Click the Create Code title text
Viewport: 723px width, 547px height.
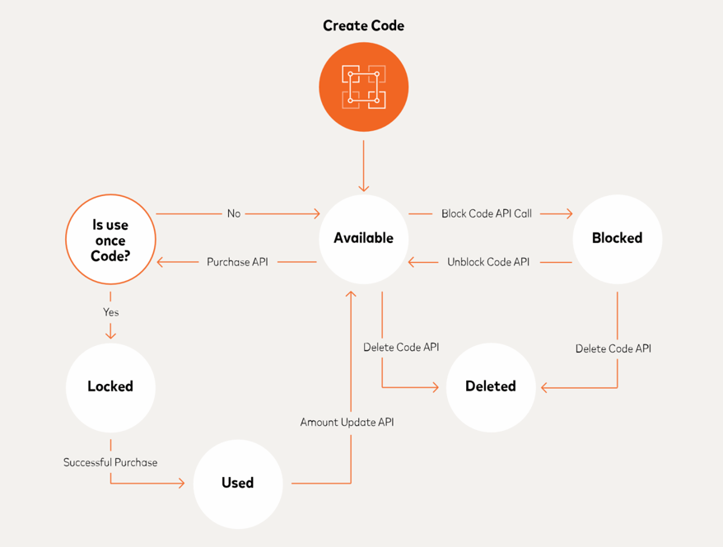click(x=363, y=26)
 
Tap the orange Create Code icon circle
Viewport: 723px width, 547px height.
click(x=363, y=86)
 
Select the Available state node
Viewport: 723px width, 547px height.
click(x=363, y=238)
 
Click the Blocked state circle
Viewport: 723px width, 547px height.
click(x=617, y=238)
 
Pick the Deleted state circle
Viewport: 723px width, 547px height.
click(x=491, y=386)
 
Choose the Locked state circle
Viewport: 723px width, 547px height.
click(x=110, y=386)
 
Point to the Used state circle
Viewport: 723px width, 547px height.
click(x=237, y=483)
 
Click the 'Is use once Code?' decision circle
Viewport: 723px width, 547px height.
click(x=110, y=240)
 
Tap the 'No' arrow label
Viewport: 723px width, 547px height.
click(x=234, y=213)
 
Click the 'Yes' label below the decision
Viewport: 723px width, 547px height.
click(x=110, y=312)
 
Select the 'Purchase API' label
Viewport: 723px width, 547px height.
click(x=237, y=262)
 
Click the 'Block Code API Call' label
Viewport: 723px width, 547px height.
click(x=487, y=213)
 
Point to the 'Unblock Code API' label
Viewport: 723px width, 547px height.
click(x=488, y=262)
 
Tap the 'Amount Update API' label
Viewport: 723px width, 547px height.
click(x=347, y=422)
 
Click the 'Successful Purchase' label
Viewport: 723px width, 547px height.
click(x=110, y=462)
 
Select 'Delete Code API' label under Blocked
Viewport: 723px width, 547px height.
click(x=613, y=348)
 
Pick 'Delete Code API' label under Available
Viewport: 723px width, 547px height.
click(x=401, y=347)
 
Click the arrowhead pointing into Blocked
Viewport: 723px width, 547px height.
click(x=568, y=213)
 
